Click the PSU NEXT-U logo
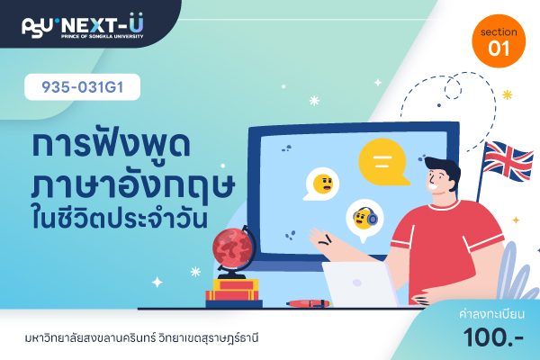[83, 26]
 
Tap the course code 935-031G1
[82, 87]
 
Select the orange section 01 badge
[499, 41]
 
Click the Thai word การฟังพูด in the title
[111, 145]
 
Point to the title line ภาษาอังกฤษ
[133, 186]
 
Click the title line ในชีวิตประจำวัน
[121, 219]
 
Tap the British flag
[508, 162]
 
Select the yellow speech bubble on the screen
[383, 162]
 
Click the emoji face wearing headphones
[364, 218]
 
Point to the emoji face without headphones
[323, 184]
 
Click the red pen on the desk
[309, 303]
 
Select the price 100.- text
[493, 337]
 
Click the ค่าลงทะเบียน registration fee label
[491, 314]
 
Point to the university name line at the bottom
[141, 337]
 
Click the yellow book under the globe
[236, 284]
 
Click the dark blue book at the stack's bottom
[234, 304]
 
